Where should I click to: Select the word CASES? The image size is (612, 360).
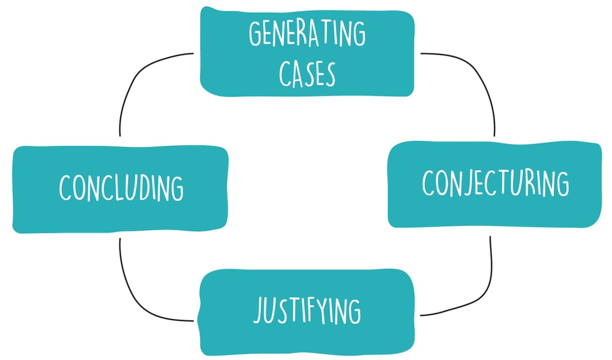(307, 73)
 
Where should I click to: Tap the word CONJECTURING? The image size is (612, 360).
(495, 182)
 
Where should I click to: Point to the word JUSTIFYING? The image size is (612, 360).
(307, 310)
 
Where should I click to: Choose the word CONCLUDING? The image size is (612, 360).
(121, 187)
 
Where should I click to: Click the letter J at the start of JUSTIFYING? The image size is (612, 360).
(259, 312)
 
